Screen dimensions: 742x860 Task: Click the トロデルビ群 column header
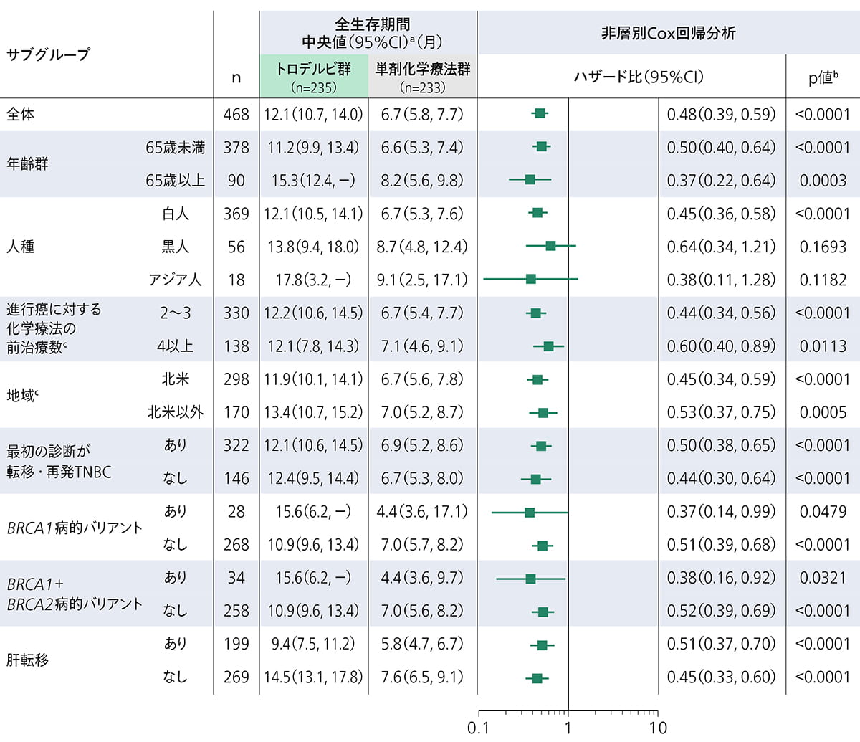pos(313,70)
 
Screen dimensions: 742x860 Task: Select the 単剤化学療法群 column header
pos(423,70)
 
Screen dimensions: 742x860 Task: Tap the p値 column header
pos(823,77)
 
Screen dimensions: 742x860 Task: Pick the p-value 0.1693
pos(823,247)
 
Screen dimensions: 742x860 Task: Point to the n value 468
pos(236,115)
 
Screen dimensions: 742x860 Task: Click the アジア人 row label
pos(175,280)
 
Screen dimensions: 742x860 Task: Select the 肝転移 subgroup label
pos(27,660)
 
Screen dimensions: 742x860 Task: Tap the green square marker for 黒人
pos(550,246)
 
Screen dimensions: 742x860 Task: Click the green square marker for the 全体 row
pos(540,113)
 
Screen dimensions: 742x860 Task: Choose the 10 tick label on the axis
pos(657,728)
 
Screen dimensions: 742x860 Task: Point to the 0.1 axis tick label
pos(478,728)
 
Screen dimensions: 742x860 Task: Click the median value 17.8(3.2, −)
pos(313,280)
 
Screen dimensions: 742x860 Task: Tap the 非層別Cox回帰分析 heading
pos(667,34)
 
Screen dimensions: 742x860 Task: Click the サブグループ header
pos(48,54)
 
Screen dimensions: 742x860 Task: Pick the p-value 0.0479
pos(823,512)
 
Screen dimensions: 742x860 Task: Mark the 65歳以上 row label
pos(175,181)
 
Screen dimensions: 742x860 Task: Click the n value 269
pos(236,677)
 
